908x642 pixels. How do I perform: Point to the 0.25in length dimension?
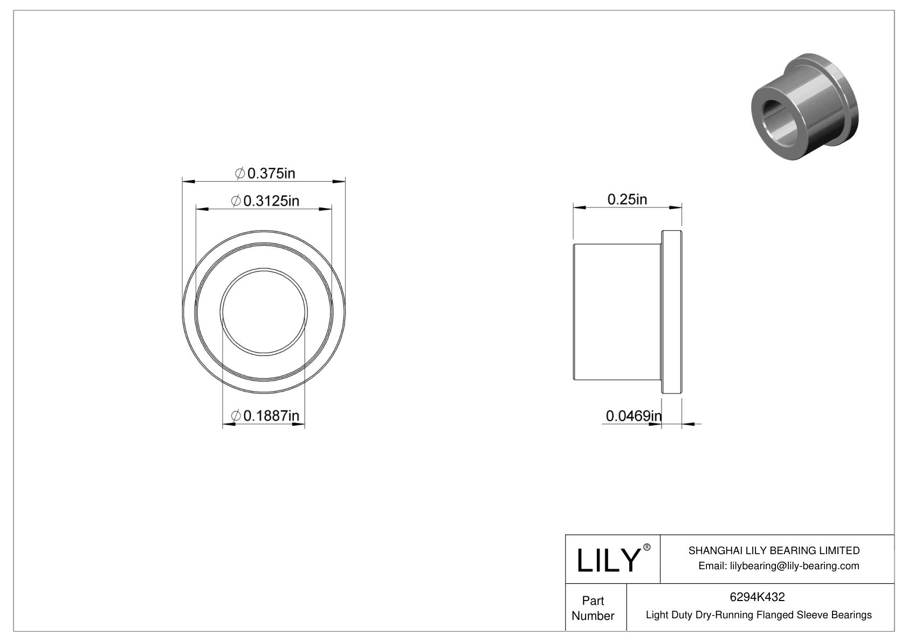(627, 199)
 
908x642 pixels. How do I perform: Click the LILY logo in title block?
(608, 561)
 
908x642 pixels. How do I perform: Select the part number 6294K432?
(757, 597)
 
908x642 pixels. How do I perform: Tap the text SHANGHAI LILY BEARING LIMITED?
(774, 550)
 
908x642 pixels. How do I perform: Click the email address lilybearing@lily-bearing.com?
(779, 565)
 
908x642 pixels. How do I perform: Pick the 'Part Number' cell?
(593, 608)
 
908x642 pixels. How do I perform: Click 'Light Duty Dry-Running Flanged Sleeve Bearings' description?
(759, 615)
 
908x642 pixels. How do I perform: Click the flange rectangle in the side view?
(672, 313)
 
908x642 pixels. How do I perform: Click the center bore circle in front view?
(264, 311)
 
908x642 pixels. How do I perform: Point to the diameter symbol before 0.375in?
(240, 174)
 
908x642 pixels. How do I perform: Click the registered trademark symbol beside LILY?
(647, 547)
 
